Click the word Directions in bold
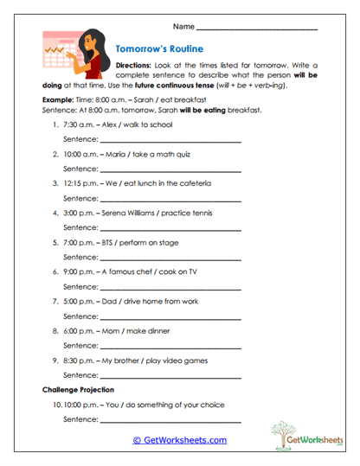[134, 66]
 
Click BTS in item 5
[110, 242]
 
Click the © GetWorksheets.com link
[179, 440]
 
